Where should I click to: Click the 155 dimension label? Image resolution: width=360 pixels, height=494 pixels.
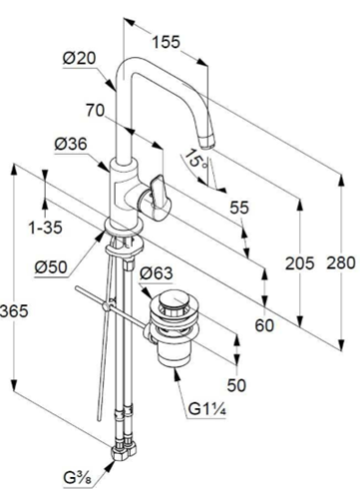166,42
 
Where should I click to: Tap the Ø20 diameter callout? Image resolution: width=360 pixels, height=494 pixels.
79,59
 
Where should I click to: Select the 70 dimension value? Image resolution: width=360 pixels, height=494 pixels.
96,110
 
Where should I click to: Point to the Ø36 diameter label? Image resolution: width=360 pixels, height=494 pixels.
71,144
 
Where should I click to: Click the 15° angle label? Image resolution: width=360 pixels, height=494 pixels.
196,159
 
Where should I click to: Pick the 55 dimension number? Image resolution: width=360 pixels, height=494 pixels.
239,208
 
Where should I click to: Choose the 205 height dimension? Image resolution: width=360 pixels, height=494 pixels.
299,263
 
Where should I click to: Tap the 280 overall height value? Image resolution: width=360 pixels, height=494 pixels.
341,262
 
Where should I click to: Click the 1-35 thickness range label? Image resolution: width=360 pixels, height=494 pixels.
46,228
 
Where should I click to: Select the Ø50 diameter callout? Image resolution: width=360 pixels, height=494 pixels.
51,267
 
